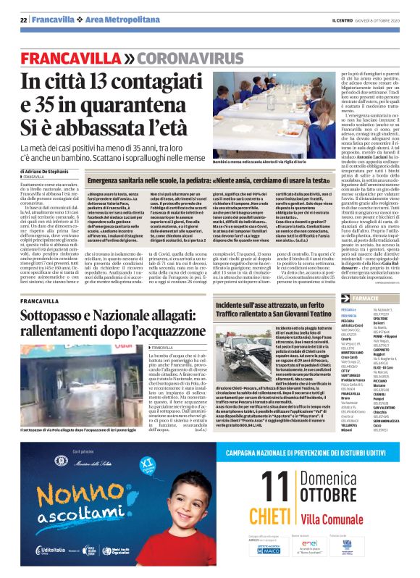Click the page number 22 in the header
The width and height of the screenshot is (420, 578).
click(24, 19)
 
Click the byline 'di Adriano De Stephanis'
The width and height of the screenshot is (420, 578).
click(48, 171)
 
